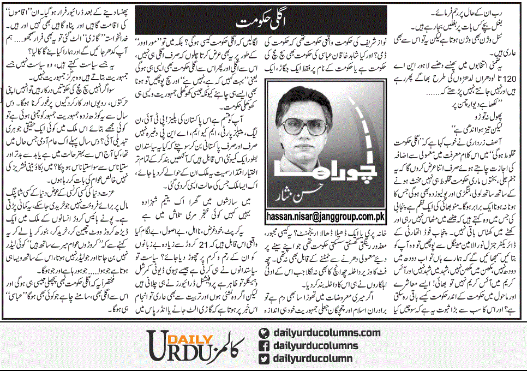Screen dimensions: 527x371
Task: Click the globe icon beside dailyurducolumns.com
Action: [x=264, y=332]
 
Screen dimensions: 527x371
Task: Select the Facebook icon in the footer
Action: [x=264, y=345]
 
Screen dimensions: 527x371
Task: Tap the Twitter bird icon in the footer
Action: [x=264, y=358]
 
